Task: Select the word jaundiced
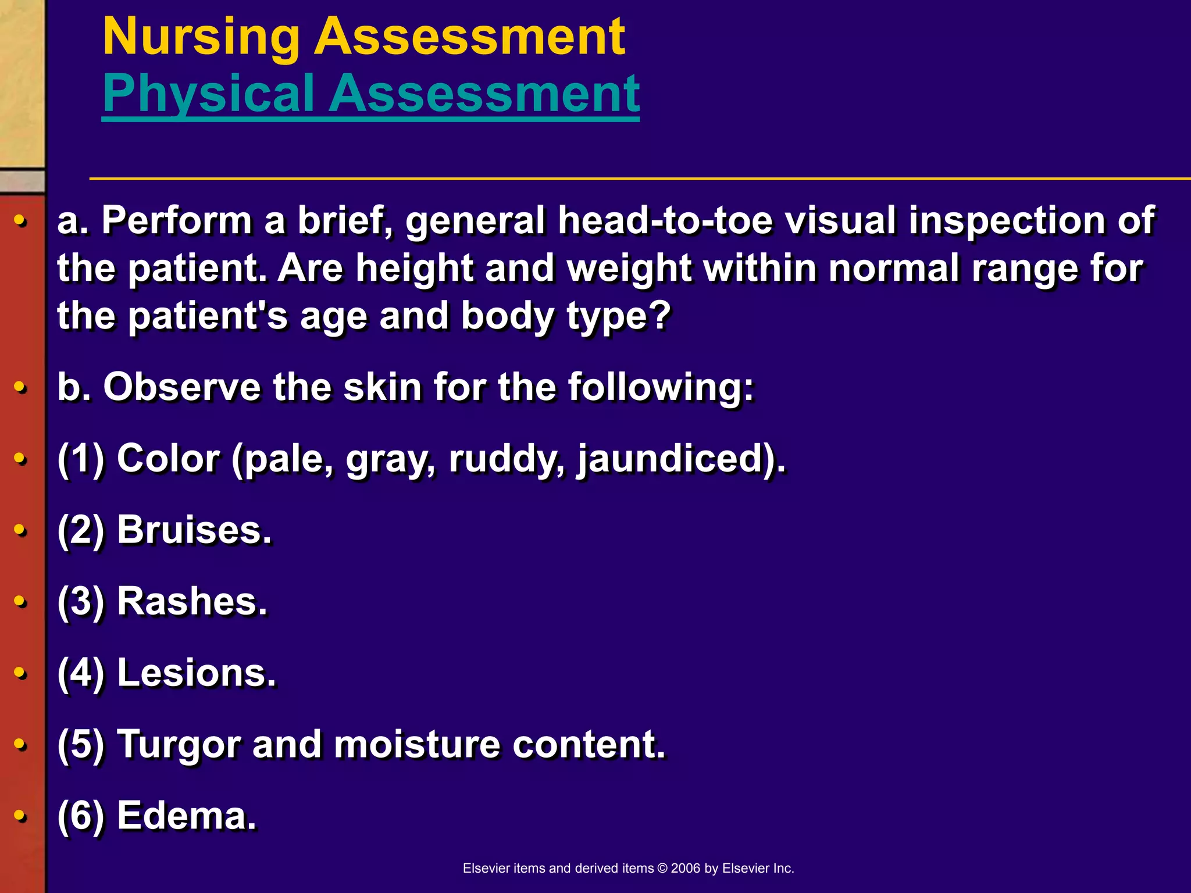coord(669,459)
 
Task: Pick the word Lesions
coord(195,673)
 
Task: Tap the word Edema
coord(186,816)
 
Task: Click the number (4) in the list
coord(81,673)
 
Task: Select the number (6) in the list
coord(81,816)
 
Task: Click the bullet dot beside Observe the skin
coord(20,387)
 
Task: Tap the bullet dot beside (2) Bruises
coord(20,530)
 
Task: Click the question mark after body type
coord(659,315)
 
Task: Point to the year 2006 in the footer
coord(685,869)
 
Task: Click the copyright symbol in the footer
coord(662,869)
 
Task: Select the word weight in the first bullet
coord(628,269)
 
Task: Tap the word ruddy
coord(506,459)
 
